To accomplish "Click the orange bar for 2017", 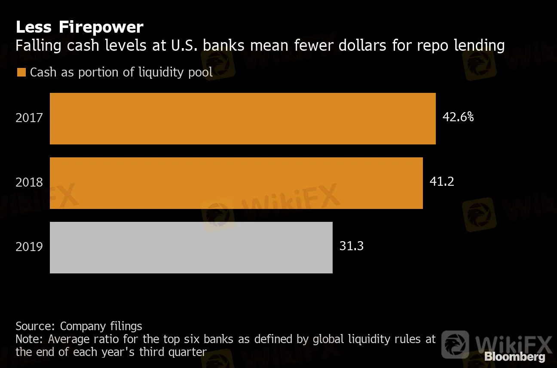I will coord(242,118).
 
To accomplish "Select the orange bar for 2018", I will coord(236,183).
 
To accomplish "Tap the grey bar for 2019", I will coord(191,247).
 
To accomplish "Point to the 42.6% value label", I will coord(458,117).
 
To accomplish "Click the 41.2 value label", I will coord(442,181).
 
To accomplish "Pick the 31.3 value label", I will coord(352,246).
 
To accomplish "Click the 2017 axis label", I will coord(29,118).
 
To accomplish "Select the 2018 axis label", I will coord(29,182).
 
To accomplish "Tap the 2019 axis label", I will coord(29,247).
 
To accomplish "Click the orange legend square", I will coord(21,72).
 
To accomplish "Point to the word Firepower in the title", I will coord(101,27).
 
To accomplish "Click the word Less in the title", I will coord(34,27).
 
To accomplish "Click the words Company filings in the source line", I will coord(101,326).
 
